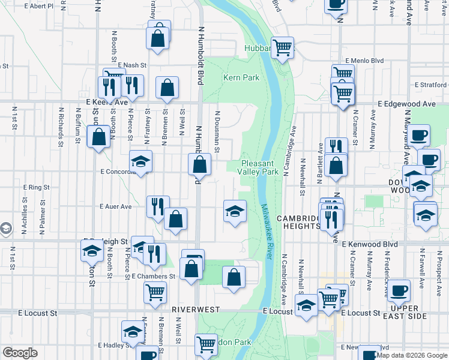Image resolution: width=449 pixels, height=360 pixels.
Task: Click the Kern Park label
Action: pos(241,77)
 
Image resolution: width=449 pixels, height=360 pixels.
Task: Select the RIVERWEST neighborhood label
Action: pos(194,308)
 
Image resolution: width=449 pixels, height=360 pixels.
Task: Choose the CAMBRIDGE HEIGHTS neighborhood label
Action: pos(298,222)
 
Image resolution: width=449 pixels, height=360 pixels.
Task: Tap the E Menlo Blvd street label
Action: pos(364,61)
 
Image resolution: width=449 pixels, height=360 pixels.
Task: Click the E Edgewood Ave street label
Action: pos(406,104)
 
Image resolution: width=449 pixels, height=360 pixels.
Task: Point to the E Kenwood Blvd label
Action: pos(370,245)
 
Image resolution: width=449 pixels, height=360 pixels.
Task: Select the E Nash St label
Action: pos(132,65)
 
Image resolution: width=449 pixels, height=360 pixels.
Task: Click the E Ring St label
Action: pos(36,187)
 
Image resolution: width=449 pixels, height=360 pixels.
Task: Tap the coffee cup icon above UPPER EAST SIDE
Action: pos(399,292)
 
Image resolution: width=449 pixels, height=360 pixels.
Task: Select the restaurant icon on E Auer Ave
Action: pos(158,206)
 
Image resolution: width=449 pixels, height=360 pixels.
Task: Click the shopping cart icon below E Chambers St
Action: pos(155,292)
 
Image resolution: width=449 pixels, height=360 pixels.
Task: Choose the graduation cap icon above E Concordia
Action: pos(140,161)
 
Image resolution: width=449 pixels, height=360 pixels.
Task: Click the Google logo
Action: pos(20,353)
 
